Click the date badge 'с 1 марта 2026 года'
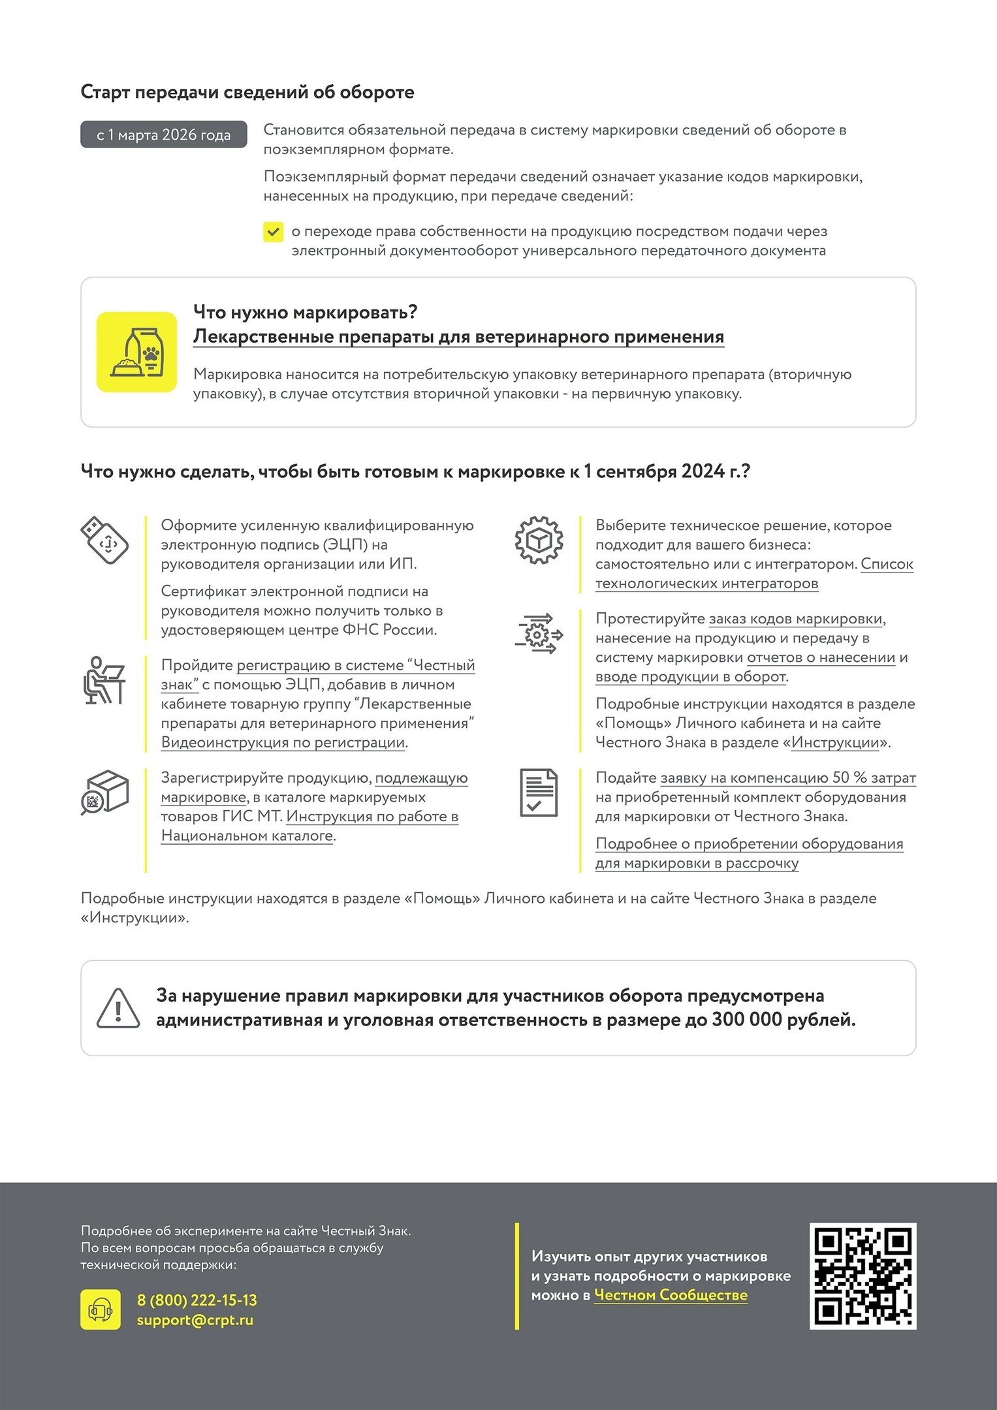pos(163,134)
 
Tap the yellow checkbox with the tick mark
pos(273,232)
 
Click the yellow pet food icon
pos(136,352)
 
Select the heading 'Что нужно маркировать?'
pos(305,312)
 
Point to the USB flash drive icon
pos(104,540)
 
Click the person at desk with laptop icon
pos(104,680)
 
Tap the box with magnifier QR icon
pos(104,792)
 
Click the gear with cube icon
pos(539,540)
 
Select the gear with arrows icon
pos(539,633)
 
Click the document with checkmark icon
pos(539,792)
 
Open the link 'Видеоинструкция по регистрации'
pos(283,743)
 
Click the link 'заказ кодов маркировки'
pos(796,619)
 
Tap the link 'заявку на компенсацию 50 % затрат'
pos(788,778)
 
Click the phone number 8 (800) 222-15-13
pos(197,1300)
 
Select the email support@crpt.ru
pos(195,1320)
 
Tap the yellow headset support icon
pos(101,1309)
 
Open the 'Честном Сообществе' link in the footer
pos(671,1295)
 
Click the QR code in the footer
pos(862,1276)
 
